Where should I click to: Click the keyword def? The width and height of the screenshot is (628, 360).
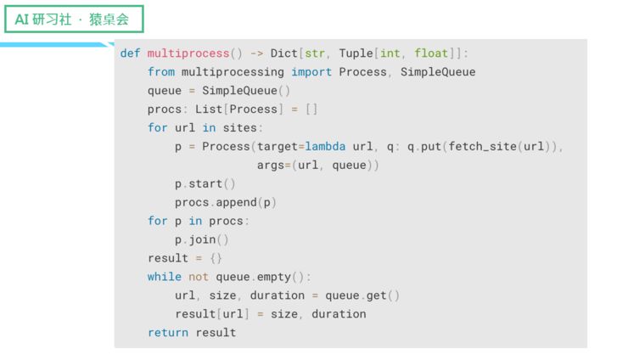tap(130, 53)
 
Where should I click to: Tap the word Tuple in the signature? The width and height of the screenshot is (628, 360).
tap(356, 53)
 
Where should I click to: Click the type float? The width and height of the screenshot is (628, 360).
tap(431, 53)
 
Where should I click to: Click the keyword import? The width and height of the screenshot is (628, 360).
tap(311, 71)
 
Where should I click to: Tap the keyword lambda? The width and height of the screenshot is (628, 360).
tap(325, 146)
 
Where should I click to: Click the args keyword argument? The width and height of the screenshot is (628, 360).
tap(271, 165)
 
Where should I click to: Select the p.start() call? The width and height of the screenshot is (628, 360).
tap(205, 183)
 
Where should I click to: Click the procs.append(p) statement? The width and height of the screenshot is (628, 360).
tap(226, 202)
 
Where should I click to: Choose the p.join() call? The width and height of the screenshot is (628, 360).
tap(202, 239)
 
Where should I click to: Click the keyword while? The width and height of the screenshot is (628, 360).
tap(165, 277)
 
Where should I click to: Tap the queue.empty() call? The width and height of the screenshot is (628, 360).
tap(263, 277)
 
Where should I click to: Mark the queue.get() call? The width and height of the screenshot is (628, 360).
tap(362, 295)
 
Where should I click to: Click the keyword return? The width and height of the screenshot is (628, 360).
tap(168, 333)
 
